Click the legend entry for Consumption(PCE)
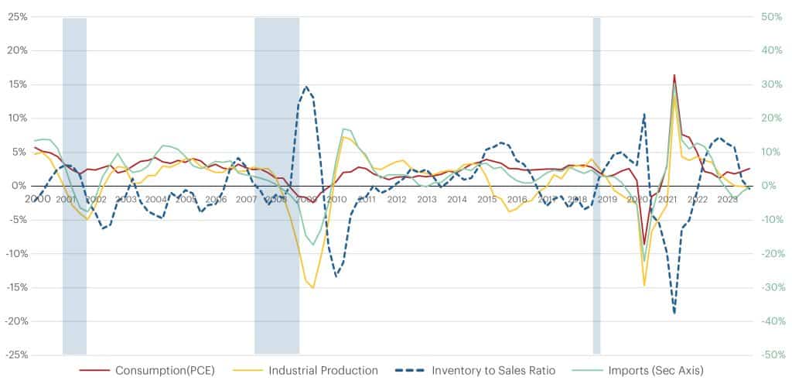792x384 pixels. tap(164, 370)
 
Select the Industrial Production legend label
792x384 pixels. tap(323, 370)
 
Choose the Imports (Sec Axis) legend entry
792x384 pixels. tap(656, 370)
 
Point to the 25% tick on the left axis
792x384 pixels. tap(16, 17)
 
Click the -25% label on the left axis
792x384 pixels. tap(15, 355)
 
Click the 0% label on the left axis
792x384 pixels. tap(19, 186)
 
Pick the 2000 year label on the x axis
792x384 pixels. tap(37, 199)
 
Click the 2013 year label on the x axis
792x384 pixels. tap(427, 199)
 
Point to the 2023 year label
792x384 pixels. tap(727, 199)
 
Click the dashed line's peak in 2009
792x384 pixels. tap(306, 87)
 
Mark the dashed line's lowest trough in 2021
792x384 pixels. tap(674, 313)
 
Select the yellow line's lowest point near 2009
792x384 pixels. tap(312, 288)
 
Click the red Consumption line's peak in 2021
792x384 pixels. tap(674, 75)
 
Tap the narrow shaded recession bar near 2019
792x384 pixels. tap(596, 186)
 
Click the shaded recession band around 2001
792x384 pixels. tap(74, 186)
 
